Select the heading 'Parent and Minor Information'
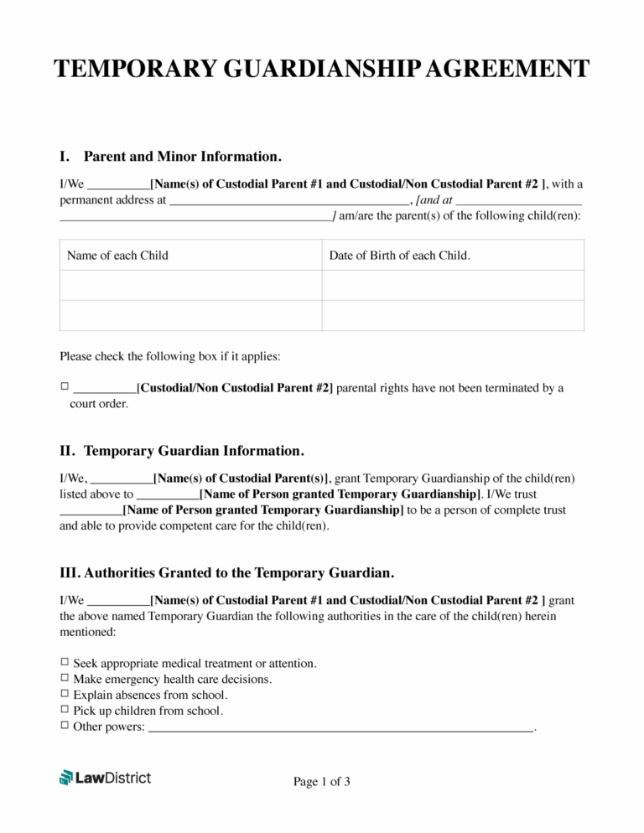pos(182,157)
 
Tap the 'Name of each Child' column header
pos(117,256)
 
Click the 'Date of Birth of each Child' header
pos(399,256)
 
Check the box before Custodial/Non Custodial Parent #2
pos(65,387)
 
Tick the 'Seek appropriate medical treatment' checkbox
pos(65,663)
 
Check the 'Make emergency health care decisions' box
pos(65,679)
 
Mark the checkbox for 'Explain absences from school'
pos(65,695)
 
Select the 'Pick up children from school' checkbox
pos(65,711)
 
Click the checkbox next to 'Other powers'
pos(65,727)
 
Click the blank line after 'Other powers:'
pos(340,727)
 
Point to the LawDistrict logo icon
pos(66,778)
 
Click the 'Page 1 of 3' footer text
pos(321,782)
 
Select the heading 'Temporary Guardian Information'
pos(194,451)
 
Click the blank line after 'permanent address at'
pos(288,202)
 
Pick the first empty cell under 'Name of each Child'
pos(191,285)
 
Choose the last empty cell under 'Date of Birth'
pos(453,315)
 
